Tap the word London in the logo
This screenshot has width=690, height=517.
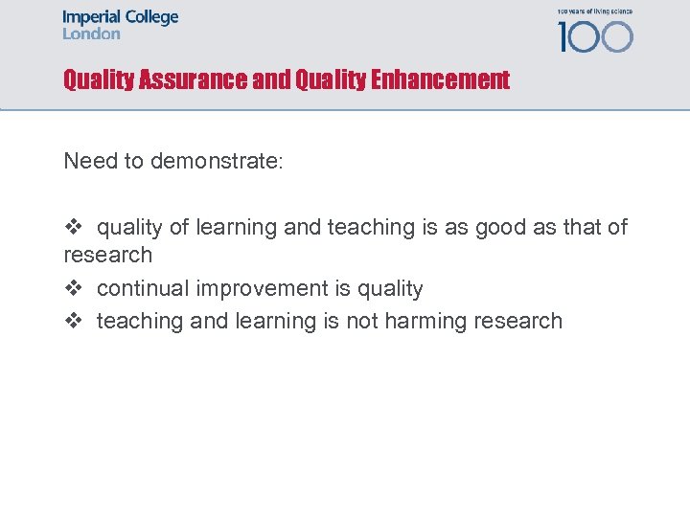tap(91, 34)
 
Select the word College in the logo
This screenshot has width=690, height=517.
tap(149, 18)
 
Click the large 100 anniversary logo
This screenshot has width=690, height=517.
tap(595, 36)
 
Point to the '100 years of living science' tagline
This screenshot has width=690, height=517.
tap(594, 11)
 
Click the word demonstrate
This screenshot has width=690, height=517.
tap(217, 161)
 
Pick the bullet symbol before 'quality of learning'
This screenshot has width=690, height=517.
tap(74, 227)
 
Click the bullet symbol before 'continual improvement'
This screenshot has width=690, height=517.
tap(74, 288)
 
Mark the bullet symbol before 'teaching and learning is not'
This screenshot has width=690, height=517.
tap(74, 321)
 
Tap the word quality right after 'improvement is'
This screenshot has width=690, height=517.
tap(388, 288)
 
